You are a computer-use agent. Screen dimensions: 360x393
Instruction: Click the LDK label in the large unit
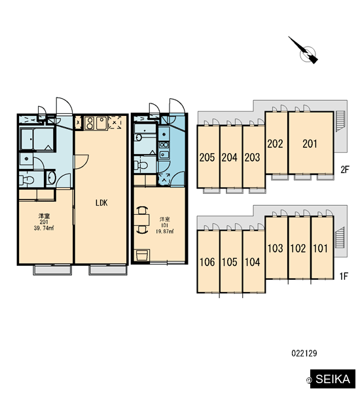click(x=101, y=203)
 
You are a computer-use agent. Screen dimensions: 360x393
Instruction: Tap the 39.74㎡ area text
click(x=44, y=229)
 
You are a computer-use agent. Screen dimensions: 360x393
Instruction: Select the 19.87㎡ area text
click(x=164, y=231)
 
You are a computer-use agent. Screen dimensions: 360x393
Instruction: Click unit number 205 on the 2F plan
click(x=207, y=157)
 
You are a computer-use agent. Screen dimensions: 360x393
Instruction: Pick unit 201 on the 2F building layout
click(x=310, y=143)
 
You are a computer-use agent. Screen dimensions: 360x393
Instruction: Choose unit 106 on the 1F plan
click(x=207, y=262)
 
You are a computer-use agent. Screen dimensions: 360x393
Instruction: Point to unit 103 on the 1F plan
click(x=276, y=248)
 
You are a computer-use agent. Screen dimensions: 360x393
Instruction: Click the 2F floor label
click(x=345, y=170)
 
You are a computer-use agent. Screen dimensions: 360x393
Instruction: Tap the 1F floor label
click(x=344, y=276)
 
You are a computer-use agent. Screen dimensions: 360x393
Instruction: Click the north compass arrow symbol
click(x=304, y=50)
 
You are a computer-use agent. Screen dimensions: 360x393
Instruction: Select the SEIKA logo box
click(x=333, y=379)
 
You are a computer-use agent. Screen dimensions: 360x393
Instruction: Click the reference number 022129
click(x=304, y=353)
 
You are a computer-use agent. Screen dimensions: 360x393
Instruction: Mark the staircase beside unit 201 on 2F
click(x=340, y=121)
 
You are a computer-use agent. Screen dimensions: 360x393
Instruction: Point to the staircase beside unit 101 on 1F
click(x=340, y=237)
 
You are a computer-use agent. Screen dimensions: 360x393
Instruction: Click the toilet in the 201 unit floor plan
click(x=27, y=179)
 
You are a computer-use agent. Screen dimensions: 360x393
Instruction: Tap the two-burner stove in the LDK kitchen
click(x=89, y=122)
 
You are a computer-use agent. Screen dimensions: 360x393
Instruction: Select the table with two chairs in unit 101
click(x=141, y=220)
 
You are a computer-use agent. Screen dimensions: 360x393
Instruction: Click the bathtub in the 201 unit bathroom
click(x=37, y=139)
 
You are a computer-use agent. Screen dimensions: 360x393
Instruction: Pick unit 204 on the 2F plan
click(x=230, y=157)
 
